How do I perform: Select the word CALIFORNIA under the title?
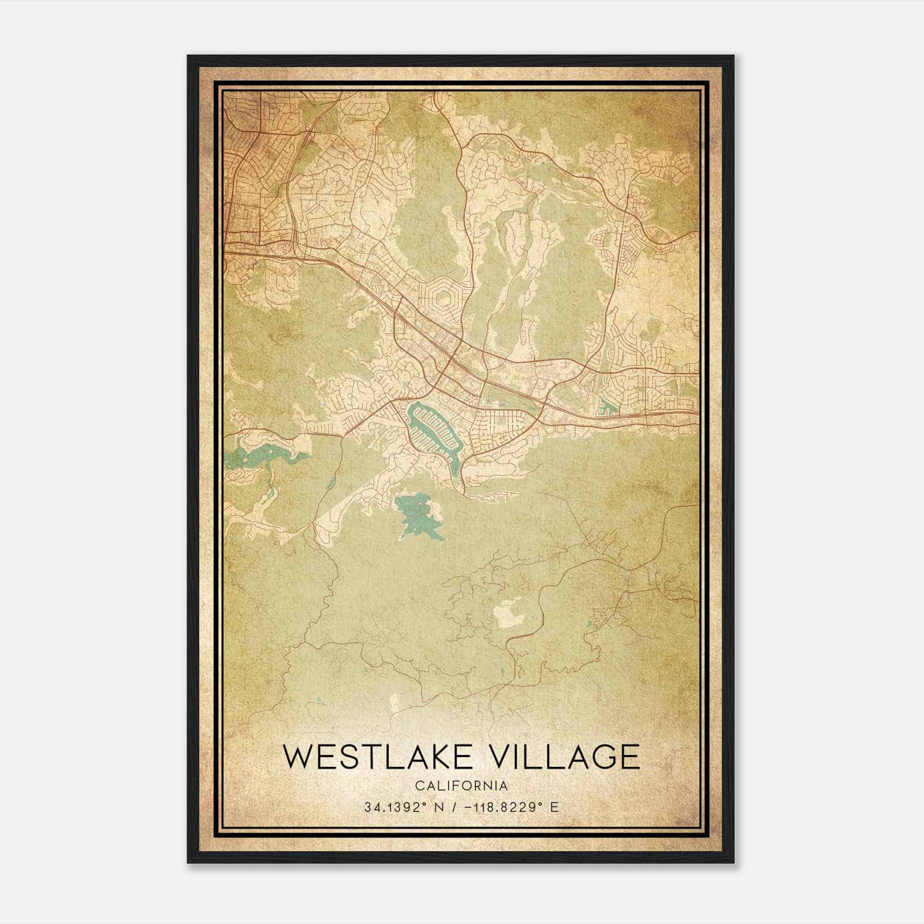click(x=461, y=786)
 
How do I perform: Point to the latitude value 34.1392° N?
click(x=404, y=807)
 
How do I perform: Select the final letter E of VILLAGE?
click(x=629, y=757)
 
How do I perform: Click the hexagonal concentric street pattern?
click(x=444, y=299)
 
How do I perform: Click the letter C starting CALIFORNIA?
click(x=418, y=786)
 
